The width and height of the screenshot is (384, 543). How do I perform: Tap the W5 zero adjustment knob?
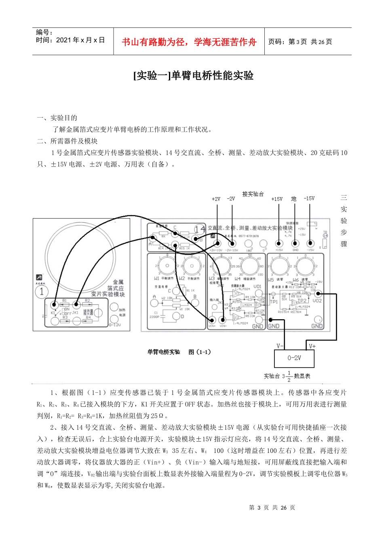pos(279,266)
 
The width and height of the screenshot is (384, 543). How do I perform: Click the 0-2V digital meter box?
pos(294,358)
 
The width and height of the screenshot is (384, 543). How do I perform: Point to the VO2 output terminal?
pos(318,294)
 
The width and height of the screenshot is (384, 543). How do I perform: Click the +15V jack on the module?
pos(279,243)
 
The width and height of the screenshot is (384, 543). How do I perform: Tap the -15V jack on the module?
pos(310,243)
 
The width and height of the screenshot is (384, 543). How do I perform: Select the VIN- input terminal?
pos(222,320)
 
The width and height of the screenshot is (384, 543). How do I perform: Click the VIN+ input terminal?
pos(212,320)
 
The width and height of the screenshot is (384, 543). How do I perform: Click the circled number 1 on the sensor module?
pos(42,291)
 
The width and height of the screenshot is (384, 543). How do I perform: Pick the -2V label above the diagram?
pos(231,199)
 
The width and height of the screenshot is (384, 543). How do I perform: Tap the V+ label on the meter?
pos(312,346)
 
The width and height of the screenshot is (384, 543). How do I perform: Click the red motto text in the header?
pos(189,42)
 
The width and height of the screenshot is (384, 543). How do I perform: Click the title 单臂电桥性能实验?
pos(193,76)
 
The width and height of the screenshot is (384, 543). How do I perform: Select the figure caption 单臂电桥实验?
pos(164,352)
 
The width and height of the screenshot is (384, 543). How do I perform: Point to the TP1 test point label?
pos(274,302)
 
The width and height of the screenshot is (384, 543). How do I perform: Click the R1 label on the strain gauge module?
pos(65,301)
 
